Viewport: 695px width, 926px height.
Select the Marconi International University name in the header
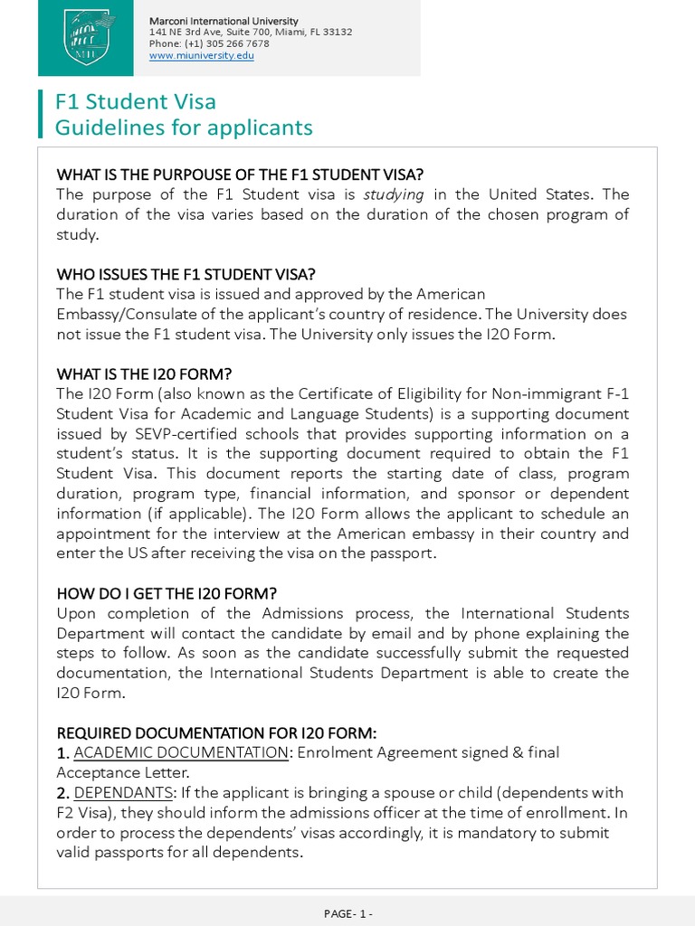tap(224, 21)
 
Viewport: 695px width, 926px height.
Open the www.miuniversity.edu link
tap(202, 55)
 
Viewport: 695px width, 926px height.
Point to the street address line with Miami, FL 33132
tap(251, 32)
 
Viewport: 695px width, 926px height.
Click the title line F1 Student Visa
tap(136, 102)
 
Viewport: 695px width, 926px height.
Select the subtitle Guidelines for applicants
tap(184, 128)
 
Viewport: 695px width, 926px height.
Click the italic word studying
tap(395, 194)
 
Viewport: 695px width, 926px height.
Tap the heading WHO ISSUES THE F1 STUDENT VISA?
tap(186, 274)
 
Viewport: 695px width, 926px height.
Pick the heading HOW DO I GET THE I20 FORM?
tap(167, 593)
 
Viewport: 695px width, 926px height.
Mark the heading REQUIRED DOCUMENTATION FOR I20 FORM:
tap(216, 732)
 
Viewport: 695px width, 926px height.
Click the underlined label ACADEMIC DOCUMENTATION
tap(181, 752)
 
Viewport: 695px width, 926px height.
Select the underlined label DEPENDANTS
tap(123, 792)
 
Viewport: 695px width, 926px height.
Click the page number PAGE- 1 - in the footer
tap(347, 913)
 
